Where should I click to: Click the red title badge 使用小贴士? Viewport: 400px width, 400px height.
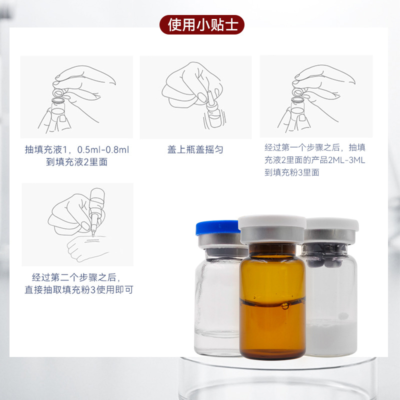pos(202,24)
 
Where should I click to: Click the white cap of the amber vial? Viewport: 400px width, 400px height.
pos(272,222)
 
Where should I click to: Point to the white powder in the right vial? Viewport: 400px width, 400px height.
pos(331,337)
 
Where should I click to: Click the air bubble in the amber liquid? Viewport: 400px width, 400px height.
pos(284,306)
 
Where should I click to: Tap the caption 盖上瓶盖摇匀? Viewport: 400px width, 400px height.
pos(195,149)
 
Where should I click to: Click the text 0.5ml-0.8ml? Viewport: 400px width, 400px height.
pos(103,149)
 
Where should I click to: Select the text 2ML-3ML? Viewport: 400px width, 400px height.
pos(346,160)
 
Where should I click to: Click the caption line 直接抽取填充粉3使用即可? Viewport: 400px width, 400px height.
pos(79,290)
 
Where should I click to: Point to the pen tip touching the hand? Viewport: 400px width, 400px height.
pos(93,235)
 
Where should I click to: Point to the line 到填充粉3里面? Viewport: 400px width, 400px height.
pos(292,172)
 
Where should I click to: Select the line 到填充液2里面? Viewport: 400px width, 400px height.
pos(77,162)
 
